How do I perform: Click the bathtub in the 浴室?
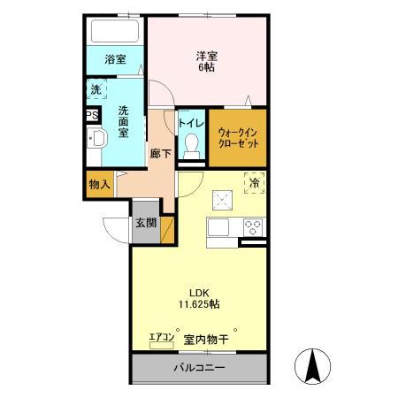(x=115, y=31)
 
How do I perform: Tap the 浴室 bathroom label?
(x=115, y=59)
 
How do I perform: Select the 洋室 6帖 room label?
(x=207, y=61)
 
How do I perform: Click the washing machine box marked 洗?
(x=96, y=89)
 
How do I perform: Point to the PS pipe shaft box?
(x=92, y=115)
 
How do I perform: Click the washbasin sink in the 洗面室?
(x=97, y=138)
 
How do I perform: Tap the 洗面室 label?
(x=123, y=122)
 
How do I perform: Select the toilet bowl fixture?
(x=191, y=146)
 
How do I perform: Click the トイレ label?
(x=191, y=123)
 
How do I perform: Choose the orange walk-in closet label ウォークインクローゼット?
(x=238, y=138)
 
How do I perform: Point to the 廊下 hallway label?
(x=160, y=154)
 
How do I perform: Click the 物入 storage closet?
(x=100, y=185)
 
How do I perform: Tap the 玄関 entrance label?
(x=146, y=223)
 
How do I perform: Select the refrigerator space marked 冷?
(x=255, y=183)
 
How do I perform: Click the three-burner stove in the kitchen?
(x=253, y=227)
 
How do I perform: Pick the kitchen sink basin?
(x=218, y=227)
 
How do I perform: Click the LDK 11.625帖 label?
(x=199, y=298)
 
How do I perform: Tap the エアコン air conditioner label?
(x=162, y=337)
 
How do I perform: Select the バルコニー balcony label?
(x=199, y=367)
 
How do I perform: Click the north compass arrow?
(x=313, y=366)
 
